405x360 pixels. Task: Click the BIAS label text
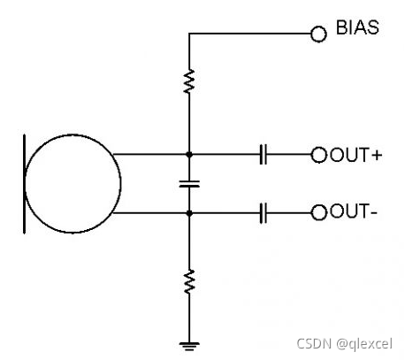tap(357, 27)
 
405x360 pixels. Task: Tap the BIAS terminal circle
tap(318, 34)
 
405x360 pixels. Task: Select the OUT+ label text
tap(356, 155)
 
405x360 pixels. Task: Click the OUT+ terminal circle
tap(319, 155)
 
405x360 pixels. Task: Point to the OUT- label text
tap(354, 211)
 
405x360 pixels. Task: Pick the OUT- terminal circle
tap(319, 212)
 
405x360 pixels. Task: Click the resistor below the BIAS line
tap(189, 81)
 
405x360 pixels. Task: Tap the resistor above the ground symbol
tap(189, 281)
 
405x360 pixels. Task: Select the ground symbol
tap(189, 346)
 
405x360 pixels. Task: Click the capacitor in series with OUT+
tap(264, 154)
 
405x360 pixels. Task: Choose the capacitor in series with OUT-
tap(264, 212)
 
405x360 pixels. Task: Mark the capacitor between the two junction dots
tap(189, 184)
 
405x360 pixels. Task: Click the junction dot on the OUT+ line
tap(189, 154)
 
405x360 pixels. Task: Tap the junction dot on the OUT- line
tap(189, 213)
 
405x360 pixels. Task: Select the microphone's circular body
tap(25, 184)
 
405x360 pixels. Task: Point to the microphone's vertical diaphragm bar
tap(24, 184)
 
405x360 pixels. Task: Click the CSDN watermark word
tap(314, 343)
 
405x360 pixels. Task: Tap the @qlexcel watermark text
tap(364, 344)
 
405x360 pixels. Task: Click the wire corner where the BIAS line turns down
tap(189, 34)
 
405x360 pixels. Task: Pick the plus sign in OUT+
tap(377, 156)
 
